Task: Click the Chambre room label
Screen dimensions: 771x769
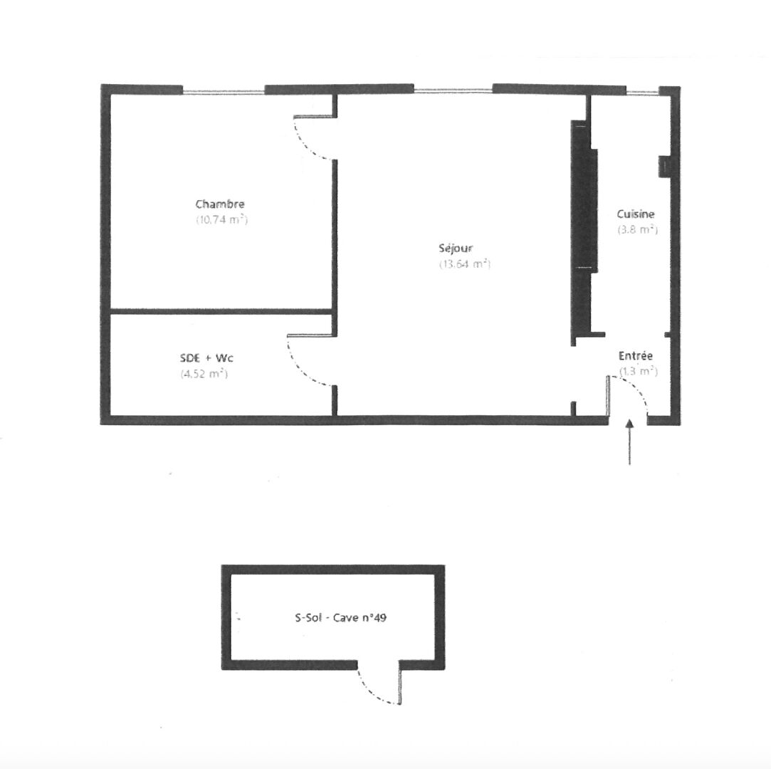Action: [x=220, y=204]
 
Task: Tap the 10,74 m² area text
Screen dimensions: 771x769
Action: [x=222, y=219]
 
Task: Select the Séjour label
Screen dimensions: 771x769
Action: [x=456, y=249]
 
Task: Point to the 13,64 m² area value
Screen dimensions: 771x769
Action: [x=465, y=264]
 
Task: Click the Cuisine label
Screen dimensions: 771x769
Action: [x=636, y=214]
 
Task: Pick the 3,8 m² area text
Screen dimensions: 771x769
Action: [x=638, y=229]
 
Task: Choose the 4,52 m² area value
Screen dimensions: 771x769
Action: [x=204, y=373]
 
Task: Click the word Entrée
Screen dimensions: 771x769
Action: [x=636, y=355]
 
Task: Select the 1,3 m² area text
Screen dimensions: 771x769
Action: [x=639, y=371]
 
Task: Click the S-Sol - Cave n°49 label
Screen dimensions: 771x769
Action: [x=341, y=617]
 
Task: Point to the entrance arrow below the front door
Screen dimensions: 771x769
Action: [x=629, y=442]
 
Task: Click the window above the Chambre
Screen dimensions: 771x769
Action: [x=224, y=91]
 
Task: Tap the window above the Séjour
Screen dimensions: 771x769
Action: [x=453, y=90]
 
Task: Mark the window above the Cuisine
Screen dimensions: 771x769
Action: [x=642, y=92]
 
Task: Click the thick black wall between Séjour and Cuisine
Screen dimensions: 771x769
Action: [x=583, y=231]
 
